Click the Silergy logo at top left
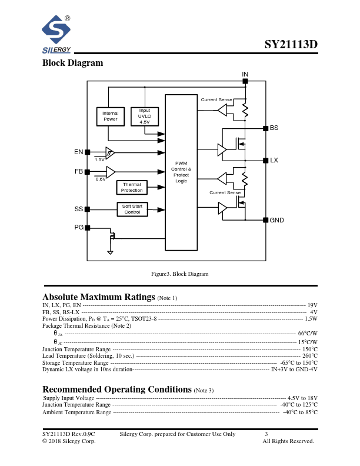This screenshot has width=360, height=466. (x=56, y=34)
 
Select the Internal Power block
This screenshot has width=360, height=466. (x=111, y=116)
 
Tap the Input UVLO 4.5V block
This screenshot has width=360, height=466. (x=145, y=116)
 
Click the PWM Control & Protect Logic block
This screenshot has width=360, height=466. (x=181, y=172)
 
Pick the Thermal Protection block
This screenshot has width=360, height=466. (x=132, y=188)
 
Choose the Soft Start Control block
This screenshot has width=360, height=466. (x=132, y=209)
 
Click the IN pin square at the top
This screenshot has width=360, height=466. (x=245, y=81)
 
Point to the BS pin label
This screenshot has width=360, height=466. (x=274, y=128)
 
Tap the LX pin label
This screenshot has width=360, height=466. (x=274, y=160)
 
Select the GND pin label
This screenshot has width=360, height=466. (x=277, y=220)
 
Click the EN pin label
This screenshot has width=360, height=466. (x=78, y=152)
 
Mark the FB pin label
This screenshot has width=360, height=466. (x=79, y=171)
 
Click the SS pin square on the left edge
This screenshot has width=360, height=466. (x=88, y=209)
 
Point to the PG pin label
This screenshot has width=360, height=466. (x=79, y=227)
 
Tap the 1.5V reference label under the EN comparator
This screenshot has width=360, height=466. (x=99, y=159)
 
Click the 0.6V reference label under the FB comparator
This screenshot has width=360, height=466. (x=101, y=179)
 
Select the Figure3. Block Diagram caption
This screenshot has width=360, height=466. (x=180, y=274)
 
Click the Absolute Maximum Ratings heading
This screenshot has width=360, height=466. (x=99, y=297)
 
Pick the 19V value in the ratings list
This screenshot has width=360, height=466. (x=312, y=305)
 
